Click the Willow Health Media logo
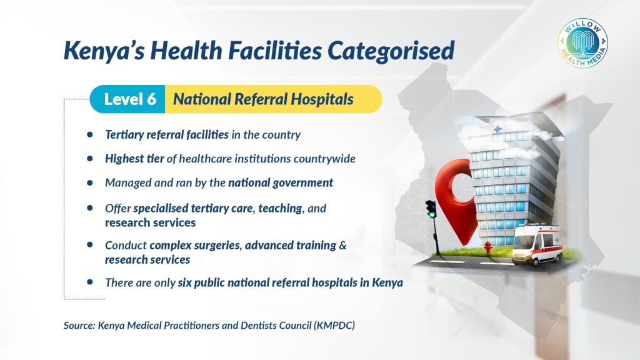pos(583,43)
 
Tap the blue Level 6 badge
pos(127,99)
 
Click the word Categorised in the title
pos(391,51)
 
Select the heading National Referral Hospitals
pos(263,99)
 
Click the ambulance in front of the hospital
pos(537,244)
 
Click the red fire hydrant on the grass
pos(487,247)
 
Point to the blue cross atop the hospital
pos(497,129)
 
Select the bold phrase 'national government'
pos(281,182)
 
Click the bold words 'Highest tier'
pos(134,158)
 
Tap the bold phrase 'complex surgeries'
pos(195,245)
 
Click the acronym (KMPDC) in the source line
pos(334,325)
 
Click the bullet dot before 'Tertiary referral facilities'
pos(90,134)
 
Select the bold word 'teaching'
pos(280,209)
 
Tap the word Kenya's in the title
pos(104,51)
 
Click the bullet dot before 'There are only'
pos(90,282)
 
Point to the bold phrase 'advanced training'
pos(291,245)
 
